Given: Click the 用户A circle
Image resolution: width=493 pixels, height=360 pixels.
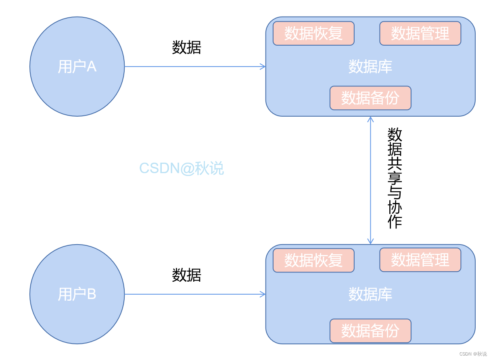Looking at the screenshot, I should [77, 67].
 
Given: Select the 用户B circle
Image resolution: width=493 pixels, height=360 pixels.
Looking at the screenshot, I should [77, 294].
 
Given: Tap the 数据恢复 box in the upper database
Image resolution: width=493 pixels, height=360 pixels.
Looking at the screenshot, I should [313, 33].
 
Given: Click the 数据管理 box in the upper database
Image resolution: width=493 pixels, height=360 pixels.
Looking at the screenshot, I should [420, 33].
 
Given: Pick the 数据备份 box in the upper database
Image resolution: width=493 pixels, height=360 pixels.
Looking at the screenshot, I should [370, 98].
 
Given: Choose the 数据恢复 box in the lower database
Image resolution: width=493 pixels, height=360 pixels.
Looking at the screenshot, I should [313, 260].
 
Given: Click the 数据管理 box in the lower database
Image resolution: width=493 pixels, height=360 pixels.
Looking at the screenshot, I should [420, 260].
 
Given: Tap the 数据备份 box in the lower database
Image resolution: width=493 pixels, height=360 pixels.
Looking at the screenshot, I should [370, 331].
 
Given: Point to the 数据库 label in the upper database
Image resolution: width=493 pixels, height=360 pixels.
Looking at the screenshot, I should [370, 67].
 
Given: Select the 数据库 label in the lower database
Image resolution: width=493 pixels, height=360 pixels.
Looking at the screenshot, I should [370, 294].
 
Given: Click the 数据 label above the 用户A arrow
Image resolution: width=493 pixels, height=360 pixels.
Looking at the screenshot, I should [186, 48].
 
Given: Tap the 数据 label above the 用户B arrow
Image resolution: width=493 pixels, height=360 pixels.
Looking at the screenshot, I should [186, 275].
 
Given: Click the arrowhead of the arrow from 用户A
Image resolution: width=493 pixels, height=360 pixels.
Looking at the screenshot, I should [263, 67].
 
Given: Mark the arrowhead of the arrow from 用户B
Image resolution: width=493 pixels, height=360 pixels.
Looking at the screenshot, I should [263, 294].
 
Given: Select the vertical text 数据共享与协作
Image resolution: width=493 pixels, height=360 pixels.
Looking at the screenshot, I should [395, 178].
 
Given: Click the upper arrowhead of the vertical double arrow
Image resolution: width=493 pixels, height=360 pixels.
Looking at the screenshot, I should [370, 119].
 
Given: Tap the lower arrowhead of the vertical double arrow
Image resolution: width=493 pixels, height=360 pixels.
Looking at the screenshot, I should [370, 241].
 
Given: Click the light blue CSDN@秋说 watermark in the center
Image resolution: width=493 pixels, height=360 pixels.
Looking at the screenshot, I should [182, 168].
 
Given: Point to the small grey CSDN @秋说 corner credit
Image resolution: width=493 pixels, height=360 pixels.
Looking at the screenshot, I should [473, 354].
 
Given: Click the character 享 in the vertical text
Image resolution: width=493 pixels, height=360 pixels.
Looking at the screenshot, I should [395, 178].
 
